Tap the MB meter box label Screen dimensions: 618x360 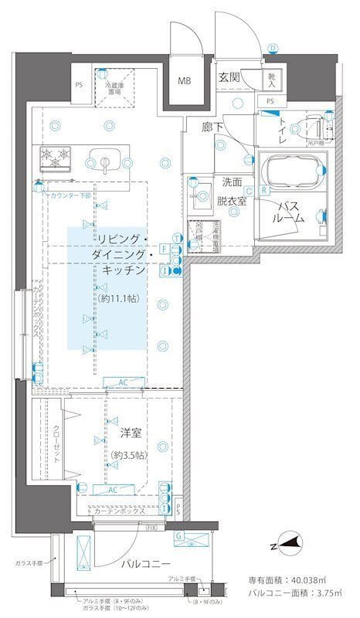(x=185, y=81)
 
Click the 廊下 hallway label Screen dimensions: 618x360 (x=214, y=127)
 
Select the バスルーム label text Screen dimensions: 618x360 (x=287, y=212)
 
